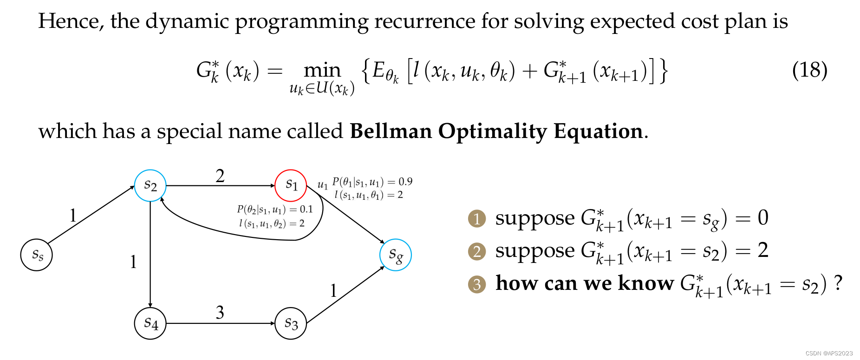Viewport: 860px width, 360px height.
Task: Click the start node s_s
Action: point(36,255)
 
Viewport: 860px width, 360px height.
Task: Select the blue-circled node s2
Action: point(150,186)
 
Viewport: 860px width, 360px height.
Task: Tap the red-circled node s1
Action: point(291,185)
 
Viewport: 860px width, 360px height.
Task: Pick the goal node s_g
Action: point(395,255)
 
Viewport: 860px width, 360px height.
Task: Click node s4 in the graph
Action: point(150,323)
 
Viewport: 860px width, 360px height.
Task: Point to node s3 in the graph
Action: point(291,323)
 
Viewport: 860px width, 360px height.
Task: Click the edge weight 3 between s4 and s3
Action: point(220,312)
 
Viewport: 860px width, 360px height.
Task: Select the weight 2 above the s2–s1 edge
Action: point(220,176)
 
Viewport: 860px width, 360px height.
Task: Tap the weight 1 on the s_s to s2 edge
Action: point(73,216)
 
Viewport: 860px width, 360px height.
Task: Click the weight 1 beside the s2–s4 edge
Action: point(133,262)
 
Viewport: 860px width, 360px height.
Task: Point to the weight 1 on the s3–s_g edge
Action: point(333,291)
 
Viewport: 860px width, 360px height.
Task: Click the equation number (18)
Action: point(809,70)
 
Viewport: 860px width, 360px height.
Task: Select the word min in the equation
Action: point(322,71)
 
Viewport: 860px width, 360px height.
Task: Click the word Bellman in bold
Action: point(391,131)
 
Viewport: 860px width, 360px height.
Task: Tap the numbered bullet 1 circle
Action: point(477,219)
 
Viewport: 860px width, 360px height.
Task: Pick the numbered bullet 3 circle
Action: point(477,284)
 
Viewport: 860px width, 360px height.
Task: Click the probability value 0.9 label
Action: point(405,182)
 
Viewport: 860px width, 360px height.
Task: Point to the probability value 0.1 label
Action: point(306,209)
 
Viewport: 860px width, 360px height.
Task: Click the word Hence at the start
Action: point(70,21)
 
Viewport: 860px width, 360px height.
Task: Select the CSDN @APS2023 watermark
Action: point(829,353)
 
